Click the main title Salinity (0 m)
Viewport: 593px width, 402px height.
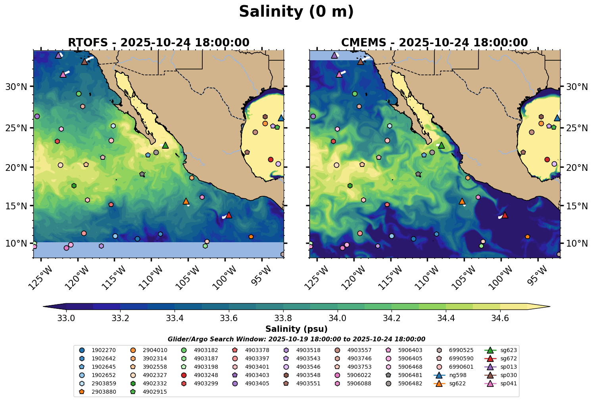click(296, 12)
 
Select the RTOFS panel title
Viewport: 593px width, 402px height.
click(158, 42)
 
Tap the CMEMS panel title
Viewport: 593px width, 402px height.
click(434, 42)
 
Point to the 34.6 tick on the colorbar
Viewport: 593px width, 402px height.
click(500, 318)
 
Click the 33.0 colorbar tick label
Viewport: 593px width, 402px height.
click(66, 318)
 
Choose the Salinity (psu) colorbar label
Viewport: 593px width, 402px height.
click(296, 329)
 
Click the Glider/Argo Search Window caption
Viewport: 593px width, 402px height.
click(296, 339)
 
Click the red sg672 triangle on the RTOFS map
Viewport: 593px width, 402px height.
click(228, 215)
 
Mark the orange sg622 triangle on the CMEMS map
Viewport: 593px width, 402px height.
click(462, 201)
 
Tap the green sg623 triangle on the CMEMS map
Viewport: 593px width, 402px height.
click(441, 145)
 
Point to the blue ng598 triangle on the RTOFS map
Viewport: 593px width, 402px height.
click(281, 118)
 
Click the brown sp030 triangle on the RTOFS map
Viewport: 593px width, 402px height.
click(84, 61)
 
